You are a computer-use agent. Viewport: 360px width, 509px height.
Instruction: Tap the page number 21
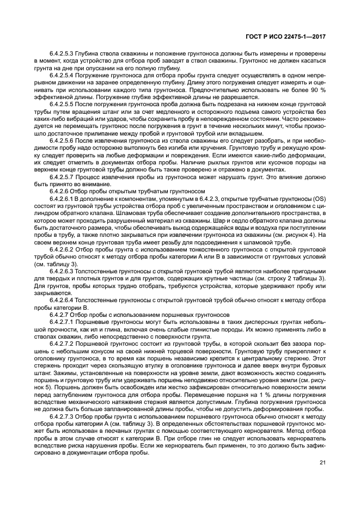(x=322, y=463)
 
